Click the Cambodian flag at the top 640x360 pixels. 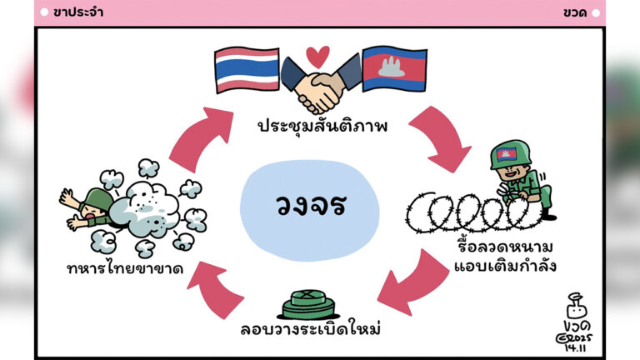click(392, 67)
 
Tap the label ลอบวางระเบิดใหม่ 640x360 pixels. click(310, 328)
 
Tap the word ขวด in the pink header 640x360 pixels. click(575, 12)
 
